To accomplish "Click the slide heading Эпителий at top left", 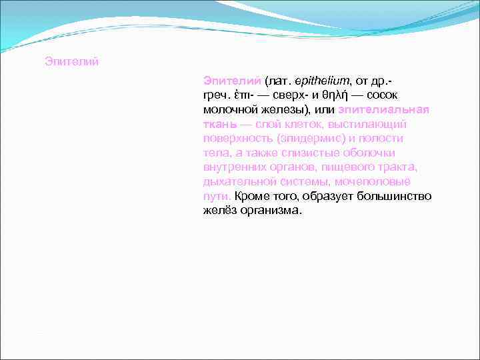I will point(71,62).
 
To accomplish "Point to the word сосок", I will point(383,95).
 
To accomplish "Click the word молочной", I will point(227,109).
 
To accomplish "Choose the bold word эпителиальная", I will point(383,109).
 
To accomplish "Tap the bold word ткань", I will point(219,124).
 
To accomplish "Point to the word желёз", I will point(219,211).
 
